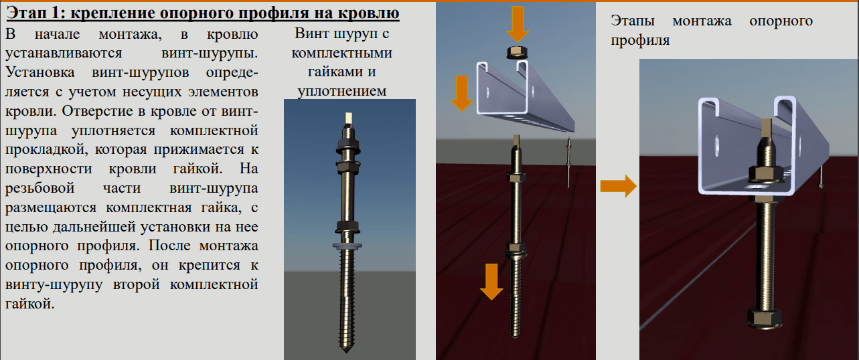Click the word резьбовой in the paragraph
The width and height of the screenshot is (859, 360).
[40, 189]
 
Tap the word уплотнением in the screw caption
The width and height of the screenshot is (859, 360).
[341, 92]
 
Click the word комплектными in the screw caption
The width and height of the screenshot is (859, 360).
[341, 53]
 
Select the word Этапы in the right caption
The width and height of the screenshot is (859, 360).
[632, 21]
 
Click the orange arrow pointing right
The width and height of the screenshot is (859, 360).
[618, 186]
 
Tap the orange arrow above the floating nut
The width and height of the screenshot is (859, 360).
[518, 24]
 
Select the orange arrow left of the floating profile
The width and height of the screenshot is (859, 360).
[462, 93]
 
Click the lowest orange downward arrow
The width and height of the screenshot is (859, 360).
[491, 282]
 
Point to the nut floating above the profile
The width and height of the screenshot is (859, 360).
[518, 52]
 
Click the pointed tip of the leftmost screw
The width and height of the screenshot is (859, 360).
[346, 350]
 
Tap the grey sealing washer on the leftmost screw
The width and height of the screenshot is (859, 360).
[347, 246]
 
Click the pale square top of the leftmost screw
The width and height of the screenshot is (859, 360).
[349, 118]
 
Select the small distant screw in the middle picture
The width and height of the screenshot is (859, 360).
[568, 163]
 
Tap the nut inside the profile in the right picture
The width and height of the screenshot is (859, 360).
[766, 175]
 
